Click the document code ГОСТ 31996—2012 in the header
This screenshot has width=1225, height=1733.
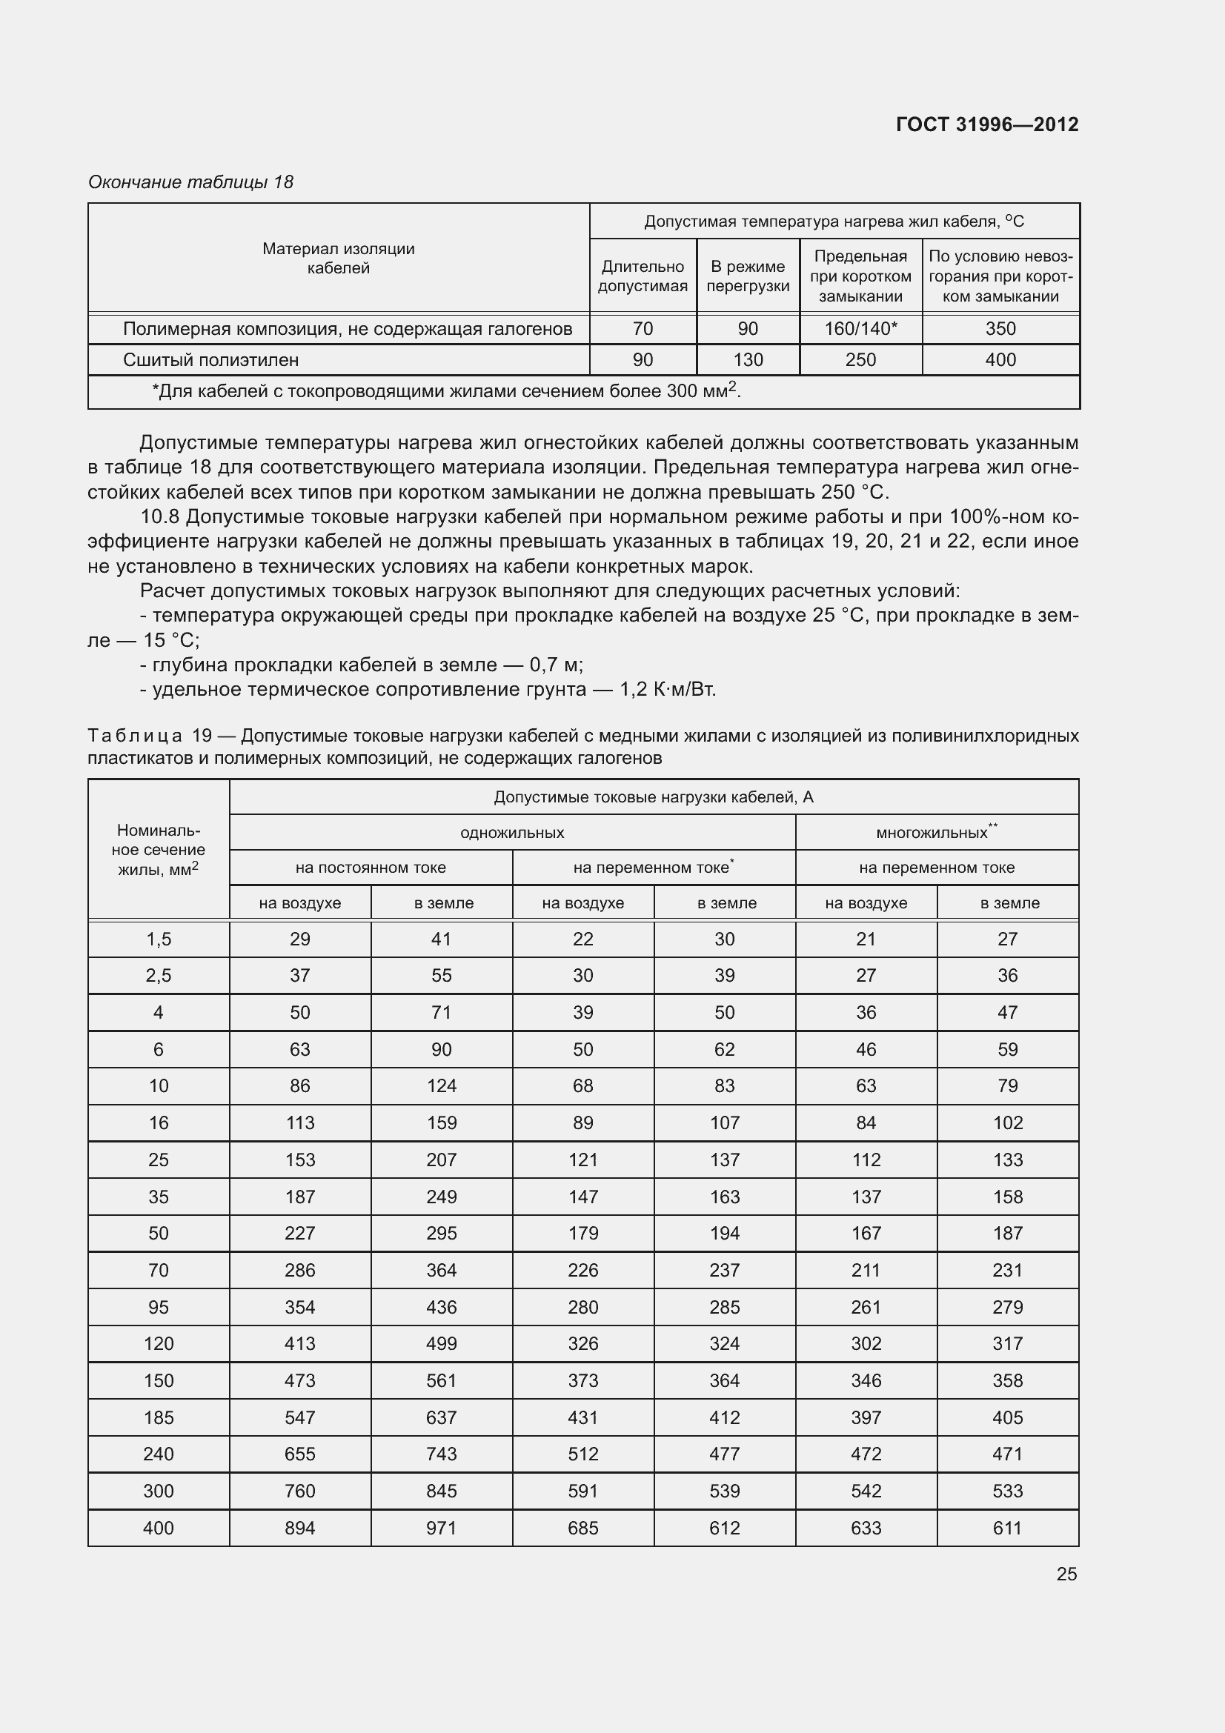986,124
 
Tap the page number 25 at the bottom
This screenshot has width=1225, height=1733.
1066,1574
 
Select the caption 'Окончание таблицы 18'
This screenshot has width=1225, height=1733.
190,182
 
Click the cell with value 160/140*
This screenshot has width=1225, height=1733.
860,328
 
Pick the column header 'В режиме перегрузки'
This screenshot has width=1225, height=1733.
747,276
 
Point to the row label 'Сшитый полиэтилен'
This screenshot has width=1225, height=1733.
210,360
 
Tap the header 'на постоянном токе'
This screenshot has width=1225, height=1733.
371,868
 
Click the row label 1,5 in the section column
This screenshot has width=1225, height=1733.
159,939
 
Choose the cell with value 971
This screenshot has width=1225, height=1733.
442,1528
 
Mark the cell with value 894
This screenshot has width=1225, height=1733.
299,1528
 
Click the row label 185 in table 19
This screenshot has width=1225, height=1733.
159,1417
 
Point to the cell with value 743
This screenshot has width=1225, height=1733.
442,1454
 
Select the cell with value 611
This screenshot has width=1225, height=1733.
1008,1528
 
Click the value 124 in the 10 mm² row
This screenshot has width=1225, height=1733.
442,1085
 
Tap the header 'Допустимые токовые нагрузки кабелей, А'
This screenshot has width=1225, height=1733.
654,797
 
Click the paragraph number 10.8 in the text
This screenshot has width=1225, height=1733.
160,517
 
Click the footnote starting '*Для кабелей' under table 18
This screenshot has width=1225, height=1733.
445,391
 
